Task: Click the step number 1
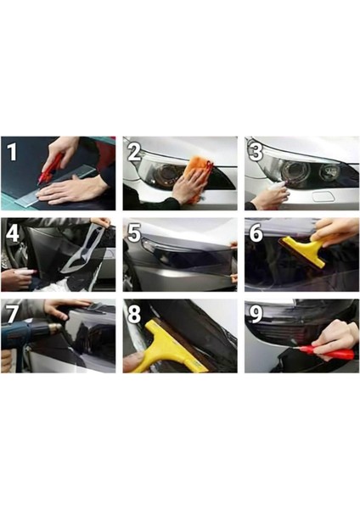(13, 152)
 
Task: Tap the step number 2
(134, 152)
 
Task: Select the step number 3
(256, 152)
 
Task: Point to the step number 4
(13, 233)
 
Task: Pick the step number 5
(134, 233)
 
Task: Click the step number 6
(256, 233)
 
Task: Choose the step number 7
(13, 314)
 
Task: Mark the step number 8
(134, 314)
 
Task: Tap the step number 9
(256, 314)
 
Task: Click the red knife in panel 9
(325, 351)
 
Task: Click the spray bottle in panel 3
(276, 187)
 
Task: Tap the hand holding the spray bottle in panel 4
(17, 278)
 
